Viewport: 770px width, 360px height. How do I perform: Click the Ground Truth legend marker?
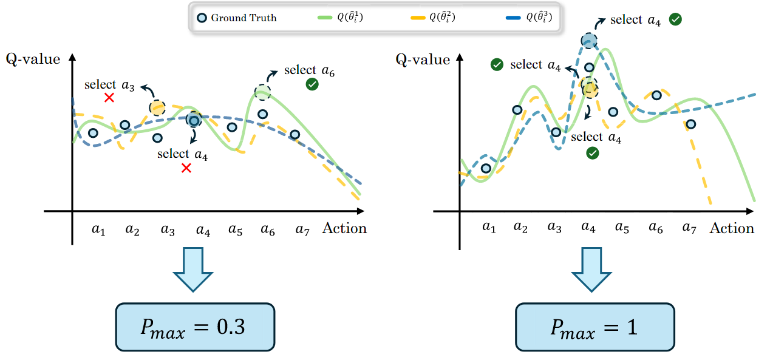click(x=202, y=18)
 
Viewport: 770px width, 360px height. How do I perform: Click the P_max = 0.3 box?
click(x=195, y=327)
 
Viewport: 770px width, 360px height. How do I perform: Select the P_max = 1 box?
click(x=595, y=327)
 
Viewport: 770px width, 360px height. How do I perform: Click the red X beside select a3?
click(x=109, y=98)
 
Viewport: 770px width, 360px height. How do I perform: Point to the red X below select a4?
click(x=186, y=168)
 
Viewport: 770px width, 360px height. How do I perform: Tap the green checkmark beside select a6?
click(x=312, y=85)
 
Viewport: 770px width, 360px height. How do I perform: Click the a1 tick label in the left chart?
click(x=99, y=229)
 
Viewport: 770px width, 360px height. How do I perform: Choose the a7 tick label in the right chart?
click(x=689, y=228)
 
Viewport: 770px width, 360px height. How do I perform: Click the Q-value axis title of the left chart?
click(x=33, y=59)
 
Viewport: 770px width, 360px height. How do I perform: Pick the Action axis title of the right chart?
click(x=732, y=228)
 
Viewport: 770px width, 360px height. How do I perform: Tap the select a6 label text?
click(x=309, y=71)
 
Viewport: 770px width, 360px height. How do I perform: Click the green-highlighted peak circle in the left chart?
click(x=262, y=92)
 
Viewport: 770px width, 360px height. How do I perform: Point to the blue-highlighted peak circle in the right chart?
click(x=588, y=41)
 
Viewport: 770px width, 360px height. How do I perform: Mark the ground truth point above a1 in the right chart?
click(x=486, y=168)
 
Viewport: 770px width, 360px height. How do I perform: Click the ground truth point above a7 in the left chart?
click(x=295, y=135)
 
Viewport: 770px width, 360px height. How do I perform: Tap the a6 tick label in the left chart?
click(x=268, y=229)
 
